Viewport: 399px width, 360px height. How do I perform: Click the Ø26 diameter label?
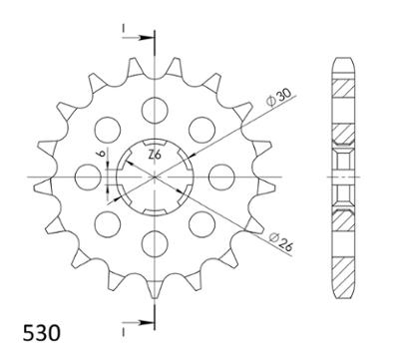point(281,241)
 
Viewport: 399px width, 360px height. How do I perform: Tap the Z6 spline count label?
point(155,155)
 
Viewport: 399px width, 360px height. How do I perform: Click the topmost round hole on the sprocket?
point(155,111)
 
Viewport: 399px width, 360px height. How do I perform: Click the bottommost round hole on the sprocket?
point(155,244)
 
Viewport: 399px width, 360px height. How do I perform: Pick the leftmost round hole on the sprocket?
point(88,178)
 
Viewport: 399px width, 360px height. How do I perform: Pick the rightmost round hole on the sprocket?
point(221,178)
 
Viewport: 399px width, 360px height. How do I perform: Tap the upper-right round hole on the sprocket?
point(201,130)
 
